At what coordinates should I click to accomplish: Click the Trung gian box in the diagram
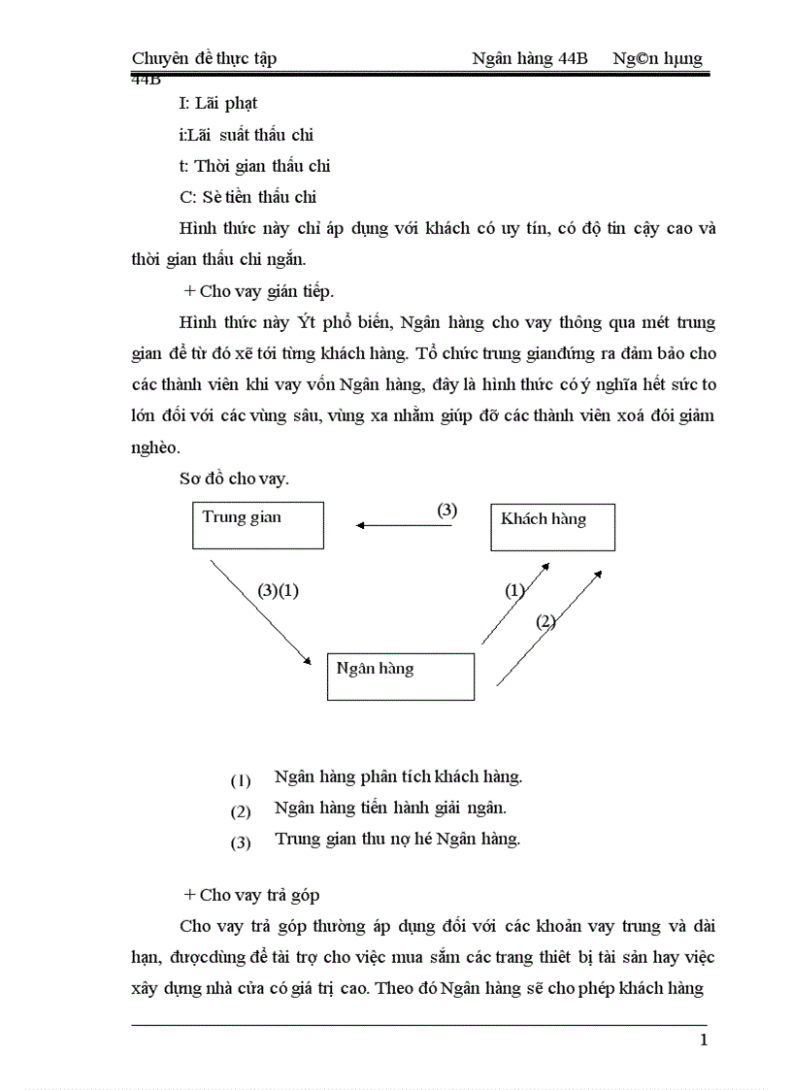[257, 525]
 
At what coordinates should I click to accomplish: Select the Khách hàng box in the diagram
[552, 527]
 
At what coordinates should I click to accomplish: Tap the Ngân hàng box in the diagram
[400, 676]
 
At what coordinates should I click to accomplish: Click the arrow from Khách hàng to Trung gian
[397, 525]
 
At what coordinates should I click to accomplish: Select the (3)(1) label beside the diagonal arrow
[278, 590]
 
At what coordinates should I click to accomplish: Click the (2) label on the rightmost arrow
[545, 622]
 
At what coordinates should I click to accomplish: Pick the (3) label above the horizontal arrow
[446, 511]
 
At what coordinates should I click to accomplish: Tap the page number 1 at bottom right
[704, 1040]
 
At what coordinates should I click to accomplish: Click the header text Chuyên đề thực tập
[204, 58]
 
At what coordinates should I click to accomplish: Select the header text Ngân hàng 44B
[530, 58]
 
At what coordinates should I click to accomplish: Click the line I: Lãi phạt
[218, 103]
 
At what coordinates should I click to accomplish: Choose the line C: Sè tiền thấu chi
[248, 197]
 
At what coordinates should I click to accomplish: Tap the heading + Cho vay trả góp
[251, 895]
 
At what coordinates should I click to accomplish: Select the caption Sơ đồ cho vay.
[234, 479]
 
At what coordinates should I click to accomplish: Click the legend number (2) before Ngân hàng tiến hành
[241, 810]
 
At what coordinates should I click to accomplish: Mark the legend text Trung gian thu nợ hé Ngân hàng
[398, 840]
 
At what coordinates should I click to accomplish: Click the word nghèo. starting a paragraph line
[157, 448]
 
